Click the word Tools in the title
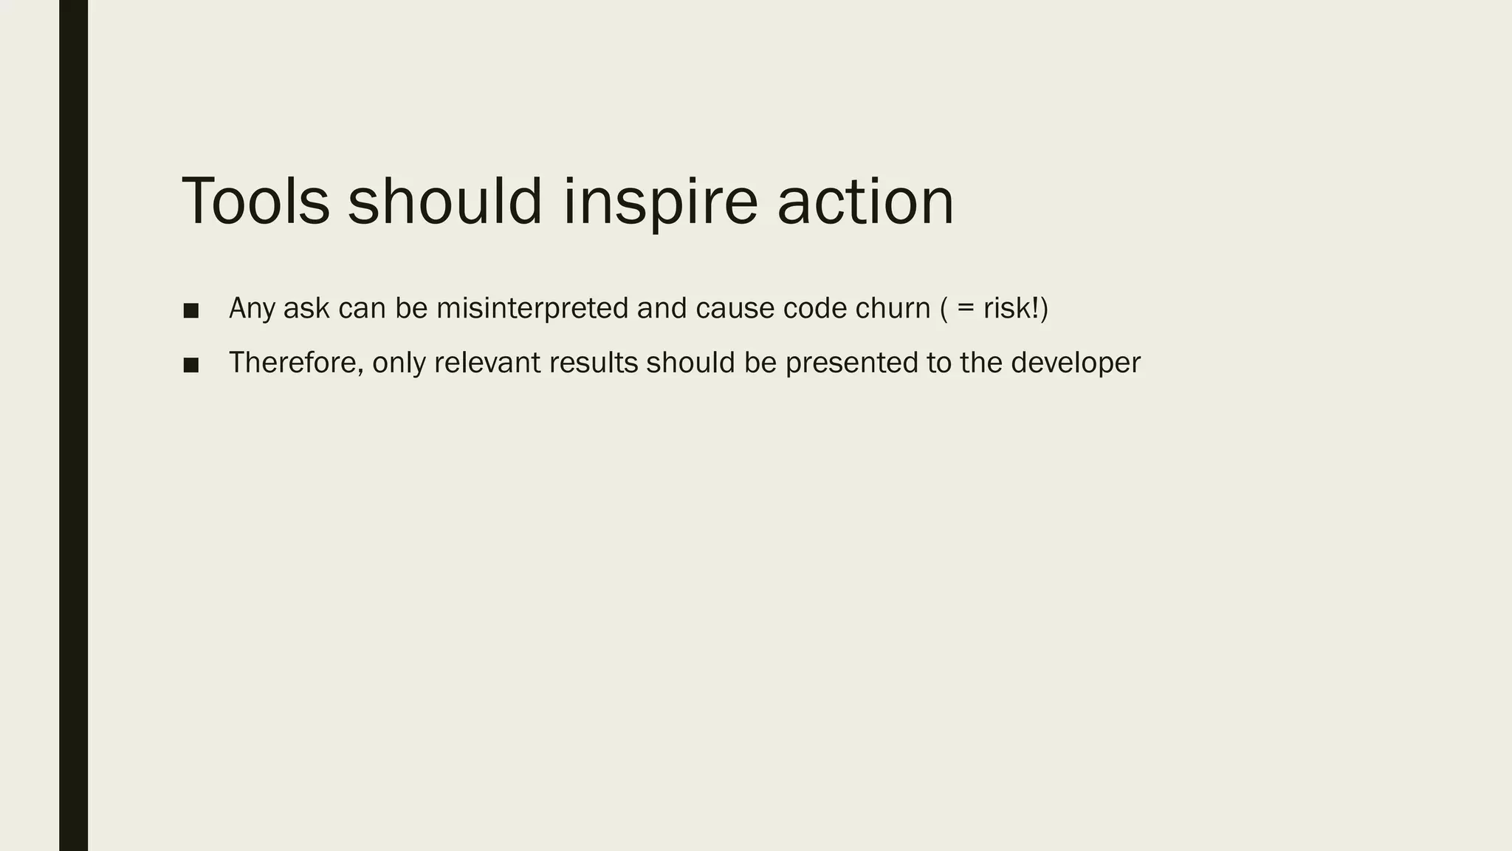pyautogui.click(x=255, y=201)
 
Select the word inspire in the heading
pyautogui.click(x=660, y=201)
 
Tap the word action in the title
pyautogui.click(x=865, y=201)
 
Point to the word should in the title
pyautogui.click(x=445, y=201)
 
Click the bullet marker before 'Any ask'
pyautogui.click(x=191, y=310)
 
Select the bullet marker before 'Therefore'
pyautogui.click(x=191, y=365)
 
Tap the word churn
pyautogui.click(x=893, y=308)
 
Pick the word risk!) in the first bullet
pyautogui.click(x=1015, y=308)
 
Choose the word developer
pyautogui.click(x=1075, y=363)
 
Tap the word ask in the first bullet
pyautogui.click(x=306, y=308)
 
